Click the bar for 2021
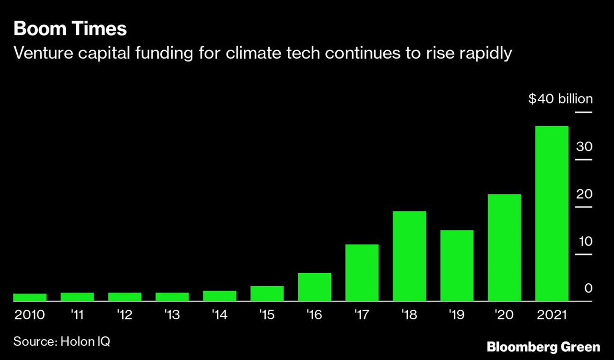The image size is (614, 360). (x=552, y=213)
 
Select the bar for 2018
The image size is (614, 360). (x=409, y=256)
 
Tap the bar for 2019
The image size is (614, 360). (x=457, y=266)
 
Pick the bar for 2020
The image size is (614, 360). (x=504, y=247)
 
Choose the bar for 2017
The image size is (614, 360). (x=362, y=273)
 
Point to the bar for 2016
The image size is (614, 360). (x=314, y=287)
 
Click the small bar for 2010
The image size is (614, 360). (x=29, y=297)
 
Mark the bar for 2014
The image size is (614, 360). (x=219, y=296)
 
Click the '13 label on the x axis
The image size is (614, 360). (x=172, y=315)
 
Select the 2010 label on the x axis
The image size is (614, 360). (x=29, y=315)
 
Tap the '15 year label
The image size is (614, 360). (x=267, y=315)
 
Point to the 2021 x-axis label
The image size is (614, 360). (x=552, y=315)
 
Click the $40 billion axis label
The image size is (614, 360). (x=560, y=99)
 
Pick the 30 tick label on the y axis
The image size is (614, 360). (x=584, y=147)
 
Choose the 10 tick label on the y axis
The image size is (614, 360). (x=585, y=241)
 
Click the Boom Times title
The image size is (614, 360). (x=70, y=29)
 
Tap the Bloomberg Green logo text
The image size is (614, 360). (x=543, y=347)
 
